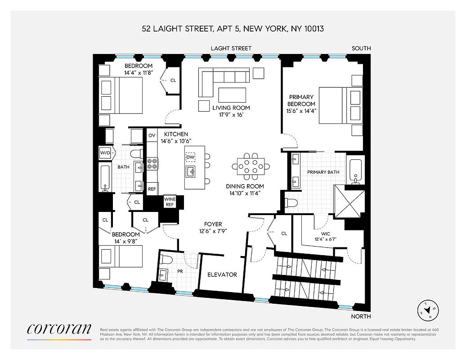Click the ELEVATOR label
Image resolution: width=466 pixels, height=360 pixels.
point(222,274)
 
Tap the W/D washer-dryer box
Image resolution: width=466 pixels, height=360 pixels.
point(105,153)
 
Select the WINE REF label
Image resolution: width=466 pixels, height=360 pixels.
point(170,202)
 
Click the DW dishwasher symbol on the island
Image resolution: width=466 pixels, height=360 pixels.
point(191,157)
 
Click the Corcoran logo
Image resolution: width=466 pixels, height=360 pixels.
point(59,329)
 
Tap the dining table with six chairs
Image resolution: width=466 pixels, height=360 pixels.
point(251,166)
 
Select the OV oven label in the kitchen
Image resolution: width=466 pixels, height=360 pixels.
point(152,135)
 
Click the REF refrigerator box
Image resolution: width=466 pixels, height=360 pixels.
point(152,189)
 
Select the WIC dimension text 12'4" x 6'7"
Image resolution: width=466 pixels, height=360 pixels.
point(325,239)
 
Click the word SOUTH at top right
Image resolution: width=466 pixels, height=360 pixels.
point(362,48)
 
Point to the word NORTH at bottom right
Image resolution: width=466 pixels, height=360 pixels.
point(361,316)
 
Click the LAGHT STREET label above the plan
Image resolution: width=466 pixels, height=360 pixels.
point(232,48)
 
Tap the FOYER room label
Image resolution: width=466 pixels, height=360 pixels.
point(212,224)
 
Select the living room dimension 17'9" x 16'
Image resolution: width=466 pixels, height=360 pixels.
point(231,115)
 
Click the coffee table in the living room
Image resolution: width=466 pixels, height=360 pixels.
point(232,95)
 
